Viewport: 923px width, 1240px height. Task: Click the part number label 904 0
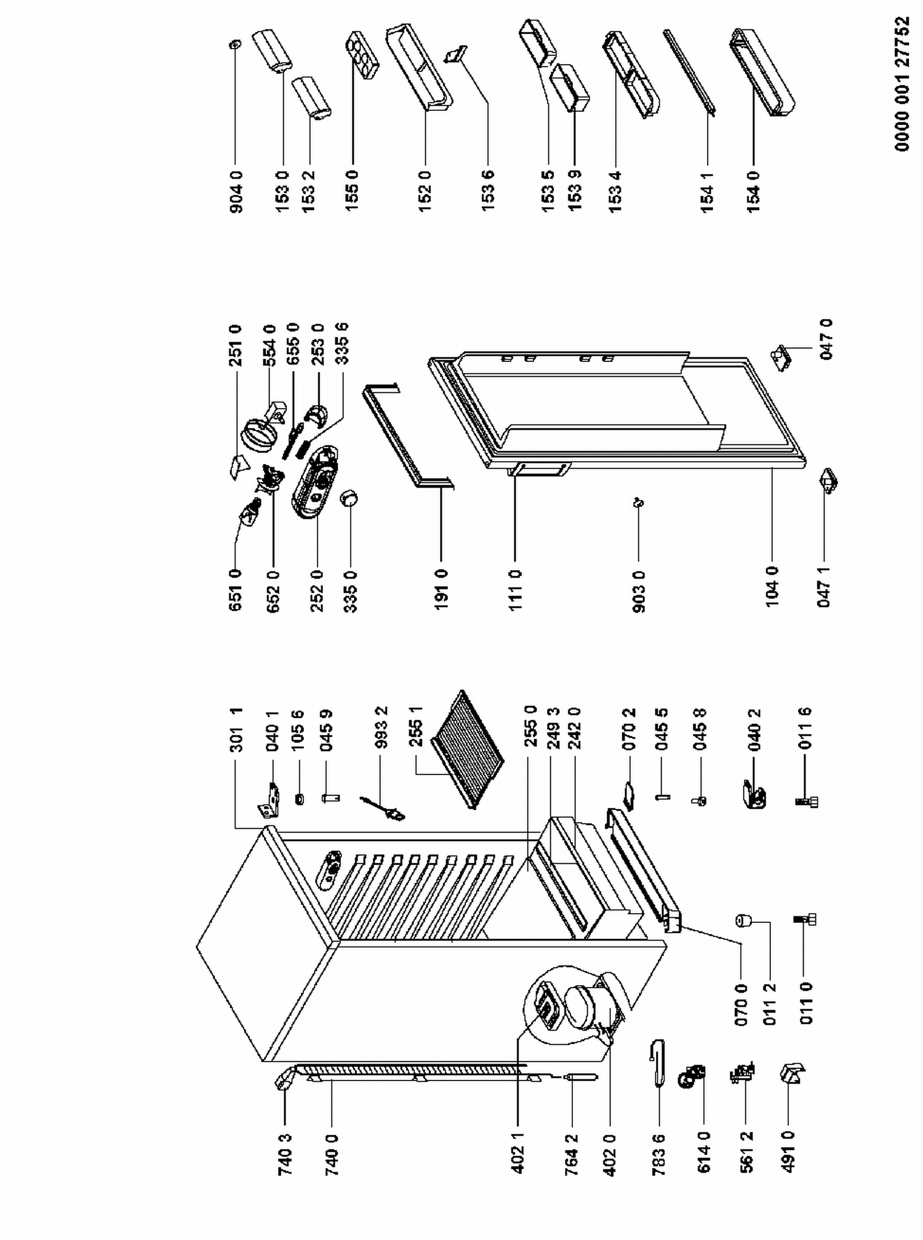tap(236, 191)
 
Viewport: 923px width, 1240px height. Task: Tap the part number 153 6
tap(488, 191)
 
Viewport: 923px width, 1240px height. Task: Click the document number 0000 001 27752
tap(903, 84)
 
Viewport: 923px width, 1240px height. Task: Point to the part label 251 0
tap(236, 346)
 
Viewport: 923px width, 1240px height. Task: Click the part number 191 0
tap(441, 590)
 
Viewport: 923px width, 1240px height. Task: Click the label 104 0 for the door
tap(772, 587)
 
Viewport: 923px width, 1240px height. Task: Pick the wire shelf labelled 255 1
tap(467, 749)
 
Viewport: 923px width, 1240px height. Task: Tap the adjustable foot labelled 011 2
tap(743, 921)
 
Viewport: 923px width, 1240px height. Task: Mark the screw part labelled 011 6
tap(807, 802)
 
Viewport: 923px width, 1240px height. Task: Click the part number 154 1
tap(707, 191)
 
